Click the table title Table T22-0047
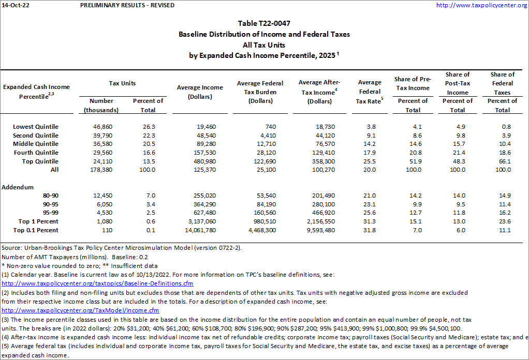264,23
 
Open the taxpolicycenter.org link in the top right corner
481,5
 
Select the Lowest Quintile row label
36,127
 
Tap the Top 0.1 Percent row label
36,230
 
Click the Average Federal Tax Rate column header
370,92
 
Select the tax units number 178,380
101,170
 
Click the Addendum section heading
18,187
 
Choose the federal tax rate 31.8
370,230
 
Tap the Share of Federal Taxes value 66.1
503,161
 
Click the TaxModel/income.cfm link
80,310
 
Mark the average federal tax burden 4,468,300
262,230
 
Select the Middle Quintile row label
36,144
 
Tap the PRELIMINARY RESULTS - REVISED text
127,5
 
